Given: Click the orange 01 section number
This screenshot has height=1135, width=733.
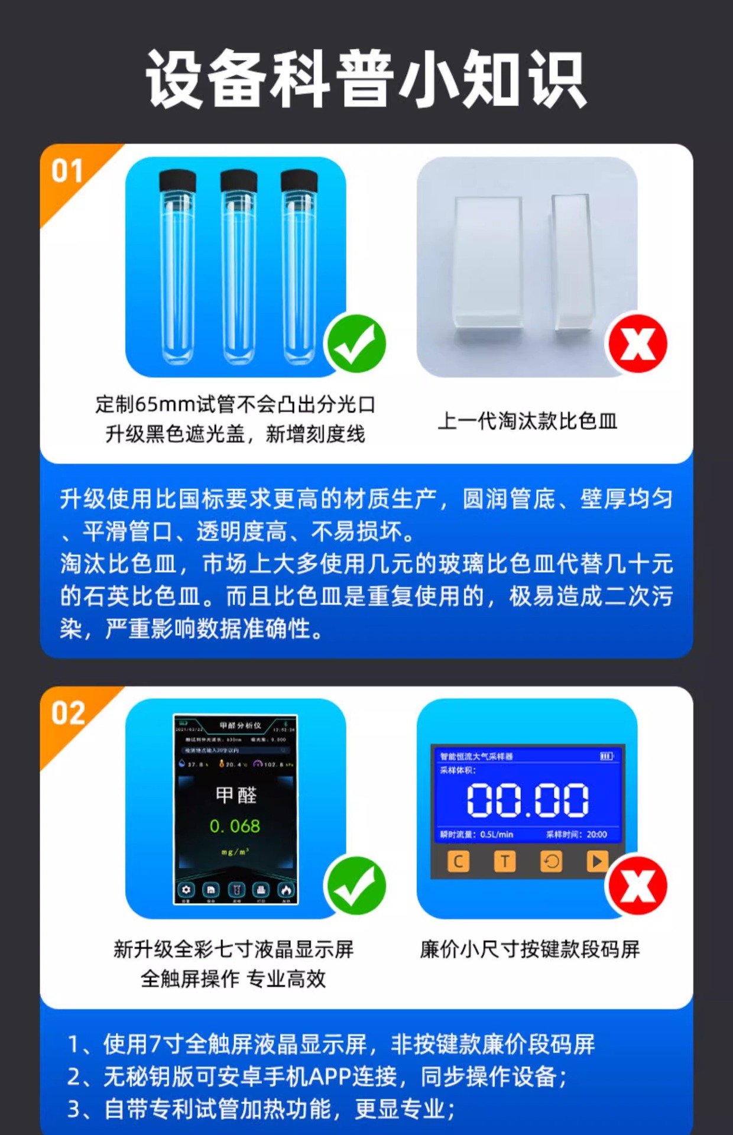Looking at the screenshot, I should pyautogui.click(x=67, y=171).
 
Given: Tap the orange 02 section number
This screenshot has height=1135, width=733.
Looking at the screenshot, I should pyautogui.click(x=68, y=713).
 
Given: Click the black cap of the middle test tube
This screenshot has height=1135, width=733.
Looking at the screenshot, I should pyautogui.click(x=238, y=180).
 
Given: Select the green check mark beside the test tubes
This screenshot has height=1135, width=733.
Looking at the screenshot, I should pyautogui.click(x=356, y=344).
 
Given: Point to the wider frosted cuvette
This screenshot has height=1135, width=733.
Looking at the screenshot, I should pyautogui.click(x=488, y=263).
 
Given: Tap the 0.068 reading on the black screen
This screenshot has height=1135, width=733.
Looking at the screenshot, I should pyautogui.click(x=235, y=826).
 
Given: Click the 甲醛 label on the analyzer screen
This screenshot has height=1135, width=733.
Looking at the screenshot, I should pyautogui.click(x=236, y=795).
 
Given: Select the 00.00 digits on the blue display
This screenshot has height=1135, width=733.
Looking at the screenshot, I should pyautogui.click(x=527, y=800).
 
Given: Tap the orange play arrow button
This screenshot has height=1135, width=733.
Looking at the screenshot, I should pyautogui.click(x=597, y=861).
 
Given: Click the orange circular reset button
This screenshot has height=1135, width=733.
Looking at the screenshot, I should pyautogui.click(x=551, y=861).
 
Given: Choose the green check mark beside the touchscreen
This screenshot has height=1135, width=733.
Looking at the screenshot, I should pyautogui.click(x=356, y=886).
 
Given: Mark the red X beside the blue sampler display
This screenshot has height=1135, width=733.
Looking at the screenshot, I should pyautogui.click(x=637, y=886).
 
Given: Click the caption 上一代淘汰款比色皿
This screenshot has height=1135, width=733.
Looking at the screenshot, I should pyautogui.click(x=527, y=421).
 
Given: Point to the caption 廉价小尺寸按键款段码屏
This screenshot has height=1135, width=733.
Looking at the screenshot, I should pyautogui.click(x=530, y=949).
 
